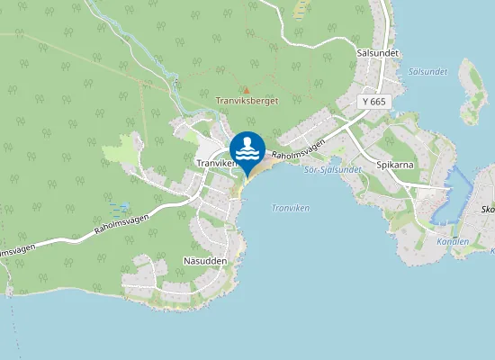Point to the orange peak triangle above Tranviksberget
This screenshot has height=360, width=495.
246,90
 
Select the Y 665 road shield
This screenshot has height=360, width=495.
374,103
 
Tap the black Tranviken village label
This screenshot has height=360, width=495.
215,162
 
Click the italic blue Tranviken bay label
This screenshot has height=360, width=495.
289,208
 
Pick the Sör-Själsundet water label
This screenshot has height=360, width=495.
333,169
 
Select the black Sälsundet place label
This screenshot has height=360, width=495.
377,53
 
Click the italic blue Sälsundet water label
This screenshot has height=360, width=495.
427,70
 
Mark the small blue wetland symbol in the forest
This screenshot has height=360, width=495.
123,207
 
